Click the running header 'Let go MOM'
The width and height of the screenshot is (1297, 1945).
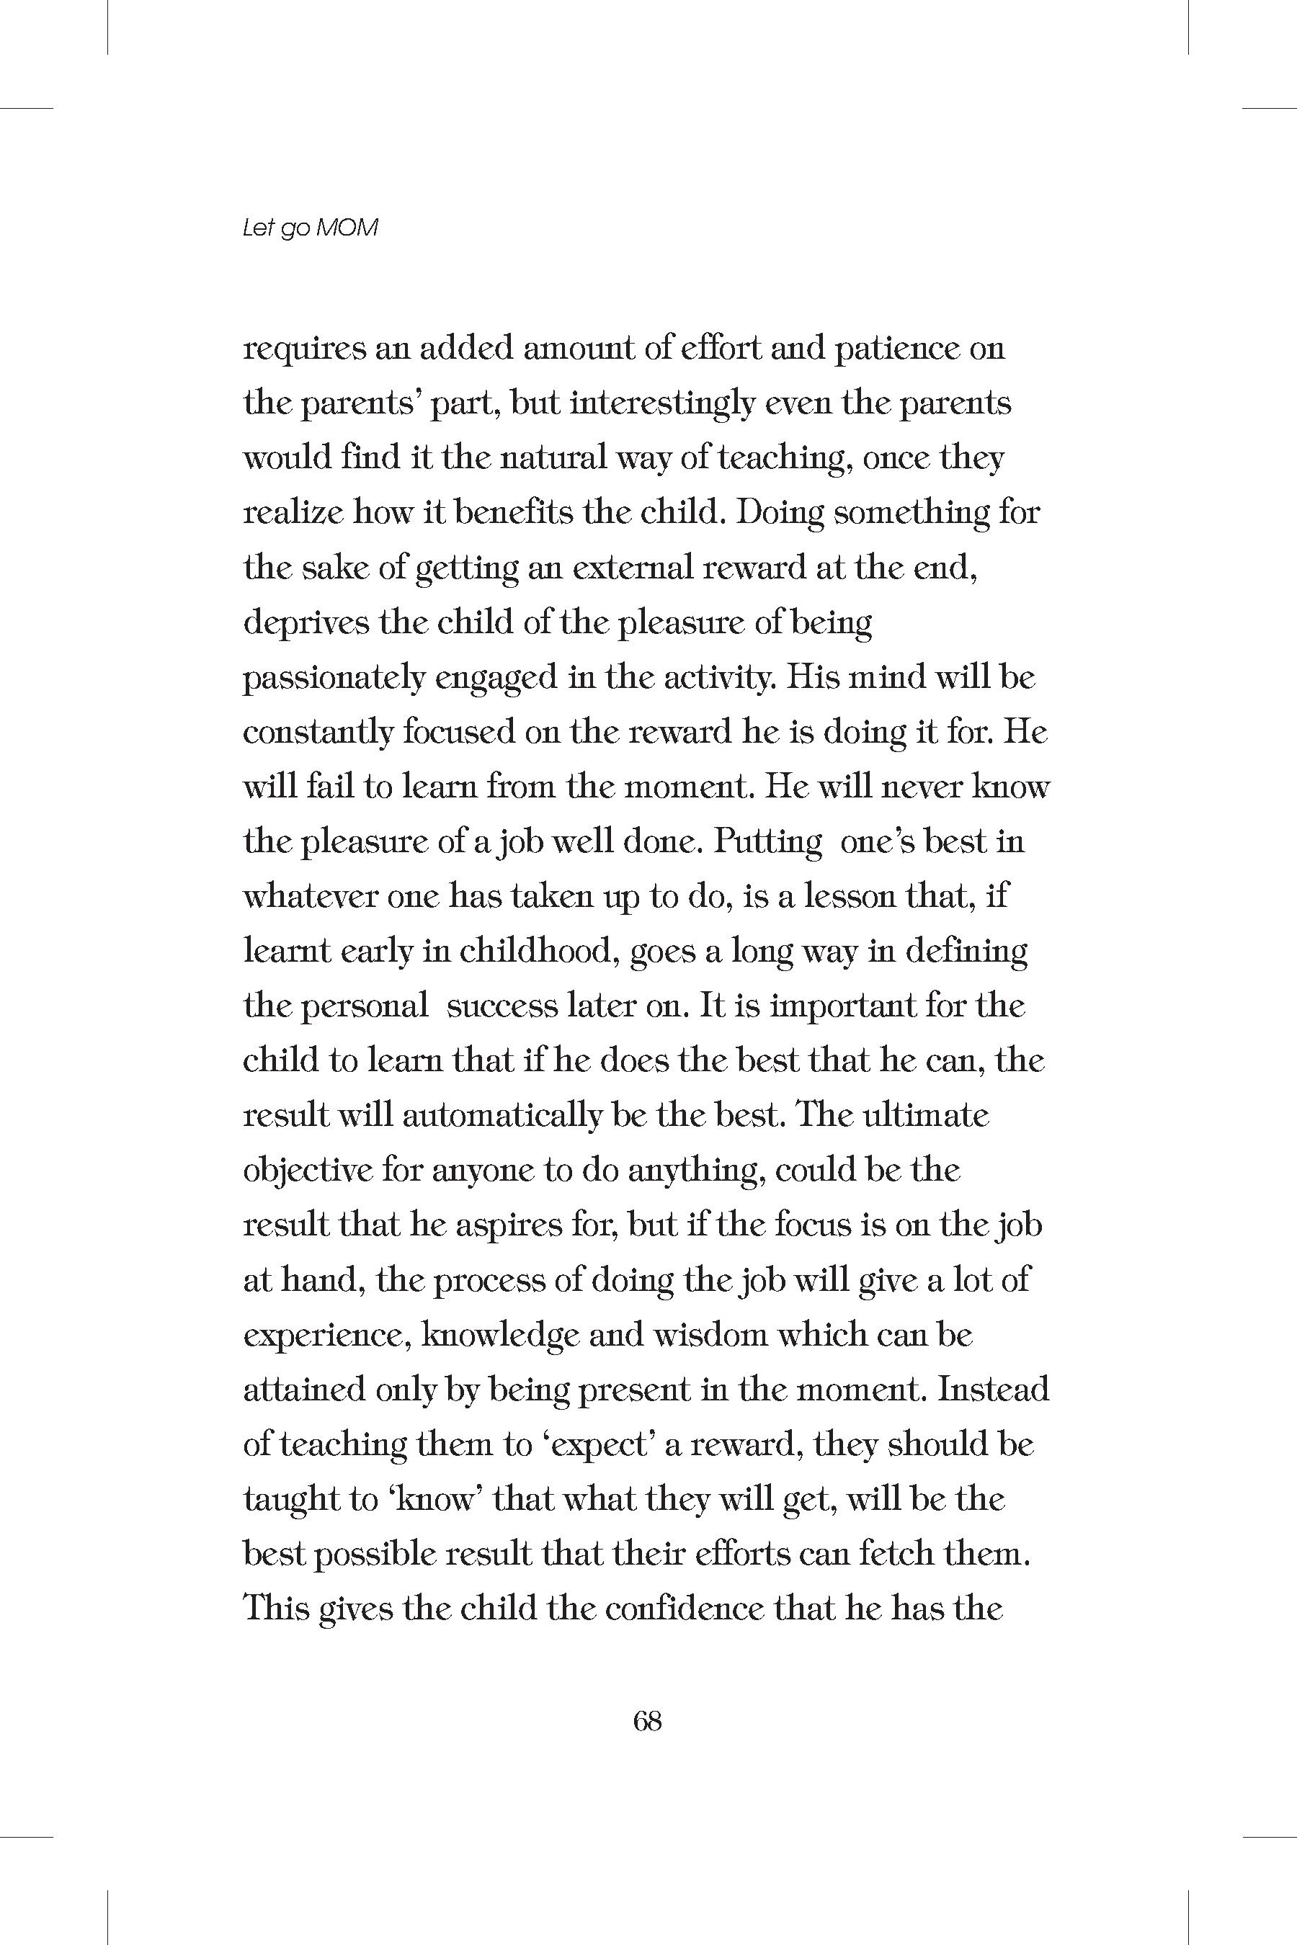[310, 228]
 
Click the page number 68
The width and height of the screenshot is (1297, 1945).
[647, 1721]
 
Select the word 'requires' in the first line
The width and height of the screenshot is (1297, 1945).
[303, 349]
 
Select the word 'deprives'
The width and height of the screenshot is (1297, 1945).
[306, 622]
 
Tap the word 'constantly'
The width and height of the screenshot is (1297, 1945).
[318, 733]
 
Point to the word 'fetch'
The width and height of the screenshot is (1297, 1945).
[896, 1554]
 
